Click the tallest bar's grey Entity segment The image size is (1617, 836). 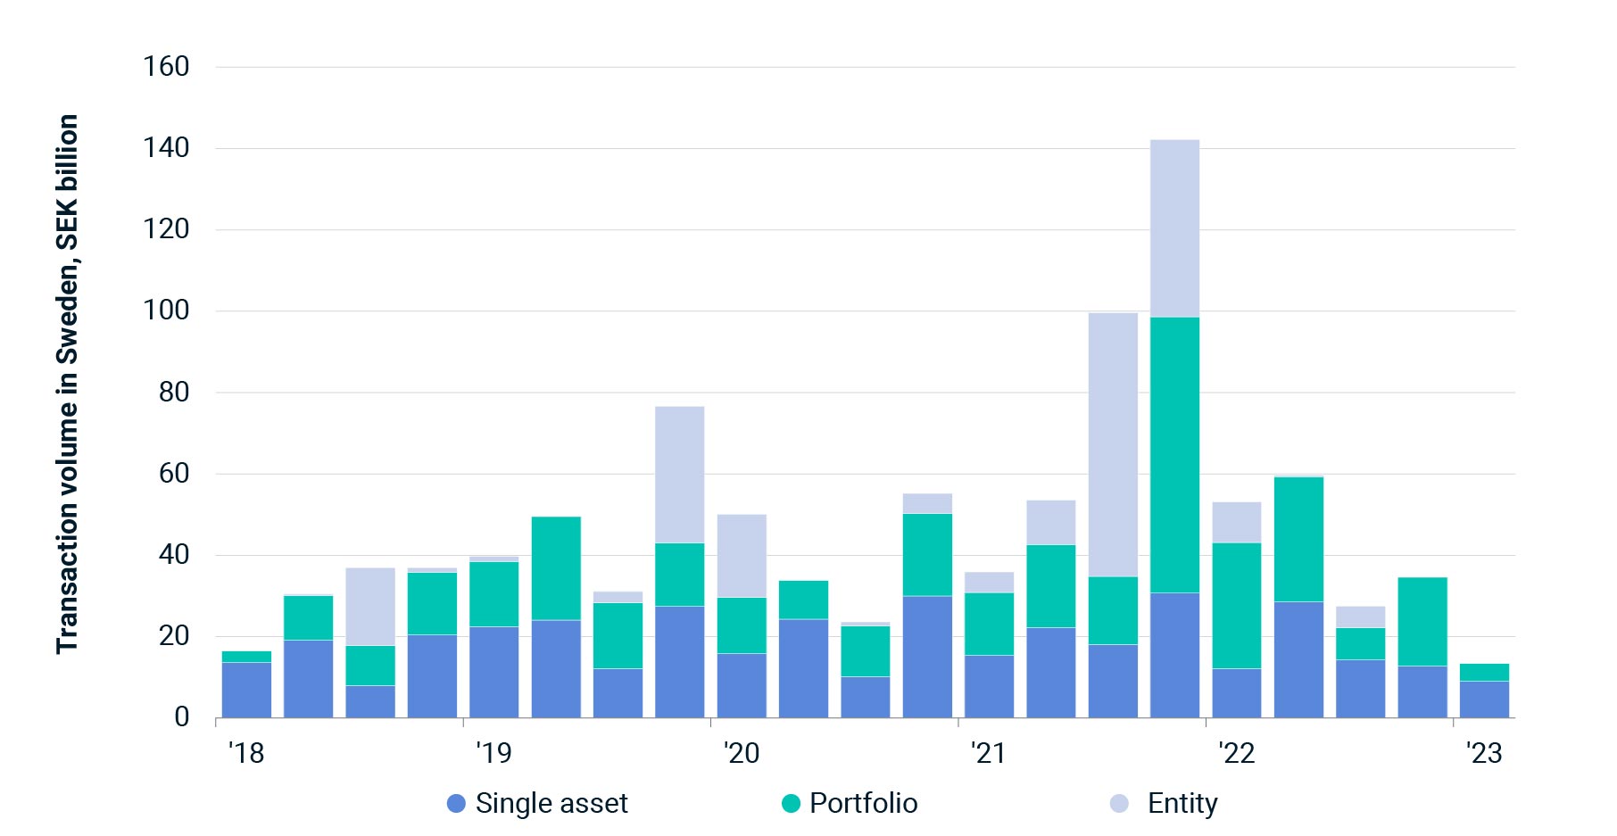[1174, 228]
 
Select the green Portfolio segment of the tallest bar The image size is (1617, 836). [1174, 455]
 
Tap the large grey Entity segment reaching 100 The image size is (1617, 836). [1113, 444]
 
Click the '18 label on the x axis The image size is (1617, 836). [246, 753]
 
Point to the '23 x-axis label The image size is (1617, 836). [1484, 753]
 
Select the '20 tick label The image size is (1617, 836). [742, 753]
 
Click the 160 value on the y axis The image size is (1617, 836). [167, 67]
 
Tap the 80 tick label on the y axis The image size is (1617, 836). [174, 393]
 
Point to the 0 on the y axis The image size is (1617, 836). [182, 717]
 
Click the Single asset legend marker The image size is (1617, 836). [456, 804]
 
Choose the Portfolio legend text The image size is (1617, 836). [863, 804]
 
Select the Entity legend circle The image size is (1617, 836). [1119, 804]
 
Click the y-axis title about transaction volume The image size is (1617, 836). [68, 384]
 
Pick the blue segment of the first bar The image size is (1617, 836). [246, 690]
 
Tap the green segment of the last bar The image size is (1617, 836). [1484, 673]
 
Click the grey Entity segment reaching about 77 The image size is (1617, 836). [679, 475]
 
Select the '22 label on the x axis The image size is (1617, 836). [1237, 753]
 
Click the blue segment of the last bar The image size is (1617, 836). [1484, 699]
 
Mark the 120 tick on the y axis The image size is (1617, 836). [167, 229]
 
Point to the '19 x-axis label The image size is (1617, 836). [493, 753]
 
